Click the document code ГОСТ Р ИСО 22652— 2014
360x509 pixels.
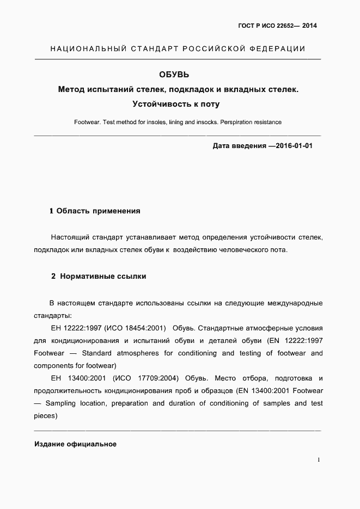pos(278,26)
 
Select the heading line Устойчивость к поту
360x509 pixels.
pos(178,103)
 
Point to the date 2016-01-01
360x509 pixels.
pos(291,146)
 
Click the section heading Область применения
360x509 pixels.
pos(99,211)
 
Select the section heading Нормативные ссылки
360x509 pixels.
pos(103,276)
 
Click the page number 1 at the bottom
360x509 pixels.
pos(319,460)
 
